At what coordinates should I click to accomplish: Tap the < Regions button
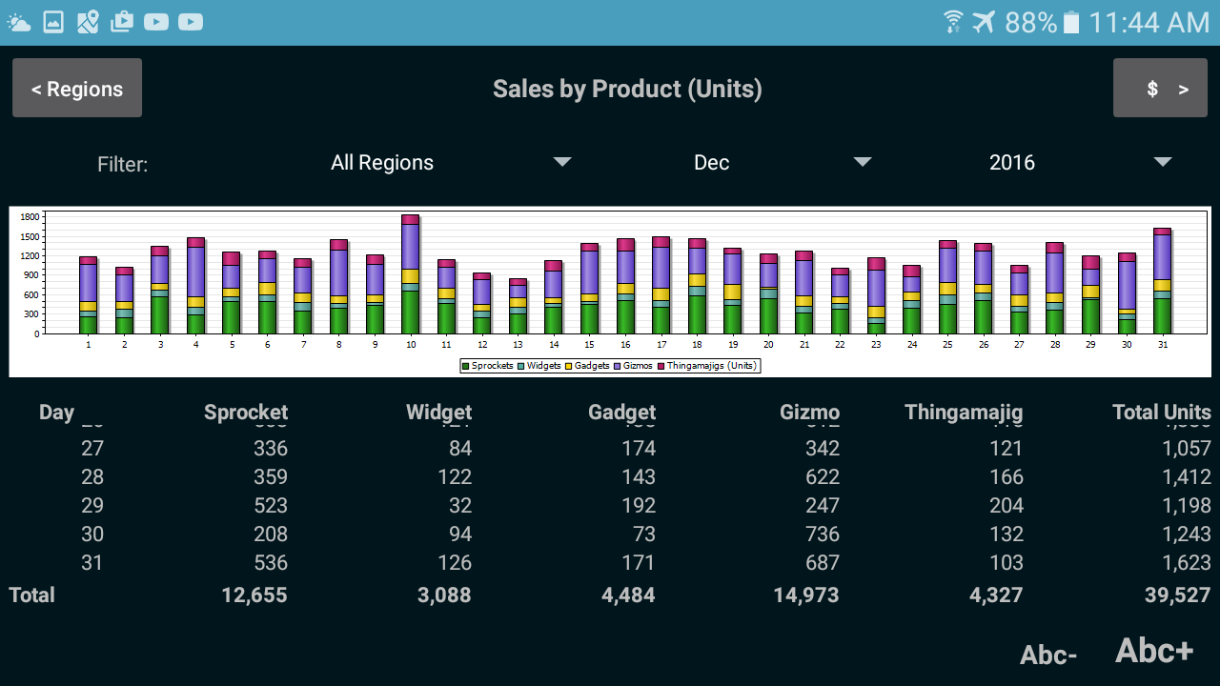[77, 89]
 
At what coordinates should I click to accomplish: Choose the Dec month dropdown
[782, 163]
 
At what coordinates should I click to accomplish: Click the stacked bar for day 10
[410, 276]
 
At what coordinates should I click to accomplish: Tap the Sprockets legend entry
[488, 366]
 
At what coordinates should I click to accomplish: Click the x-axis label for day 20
[768, 344]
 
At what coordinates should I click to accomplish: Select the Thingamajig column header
[963, 413]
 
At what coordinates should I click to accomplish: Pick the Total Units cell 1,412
[1187, 477]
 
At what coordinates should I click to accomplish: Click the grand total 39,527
[1177, 595]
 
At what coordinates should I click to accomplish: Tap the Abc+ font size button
[1154, 651]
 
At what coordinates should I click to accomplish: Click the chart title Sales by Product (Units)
[627, 89]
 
